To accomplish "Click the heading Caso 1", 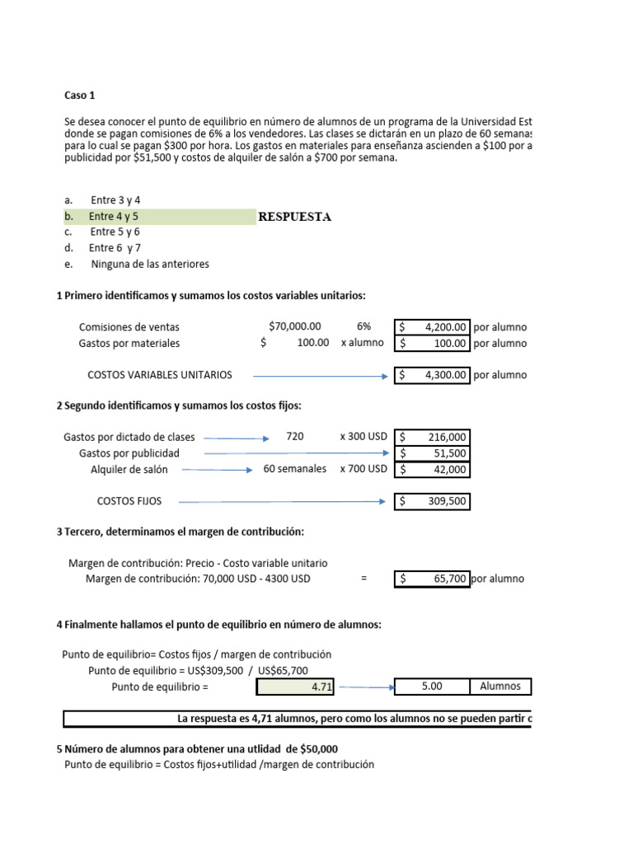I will pos(80,96).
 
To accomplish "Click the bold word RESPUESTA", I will pos(295,217).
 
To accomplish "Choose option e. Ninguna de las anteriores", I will pos(149,265).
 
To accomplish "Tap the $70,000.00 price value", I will pos(295,327).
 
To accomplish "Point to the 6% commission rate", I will pos(363,327).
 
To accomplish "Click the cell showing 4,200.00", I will pos(433,327).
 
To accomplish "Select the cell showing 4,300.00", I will pos(433,375).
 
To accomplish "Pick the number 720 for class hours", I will pos(295,437).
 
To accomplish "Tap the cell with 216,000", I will pos(433,438).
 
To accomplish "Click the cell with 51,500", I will pos(433,453).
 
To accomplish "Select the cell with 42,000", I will pos(433,470).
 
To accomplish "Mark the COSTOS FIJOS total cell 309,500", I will pos(433,501).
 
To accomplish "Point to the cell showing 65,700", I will pos(433,579).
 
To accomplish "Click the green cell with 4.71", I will pos(298,687).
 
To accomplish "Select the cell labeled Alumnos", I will pos(500,687).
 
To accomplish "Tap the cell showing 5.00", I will pos(433,687).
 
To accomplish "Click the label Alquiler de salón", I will pos(129,470).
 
